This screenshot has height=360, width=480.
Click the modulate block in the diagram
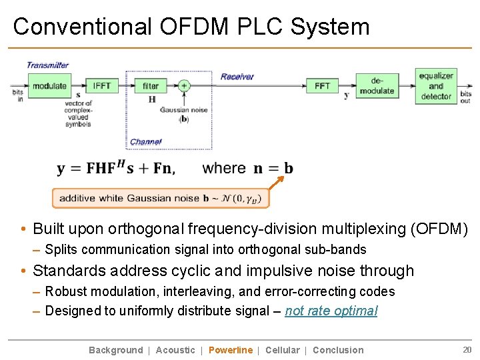(49, 86)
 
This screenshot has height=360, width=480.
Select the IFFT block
(102, 86)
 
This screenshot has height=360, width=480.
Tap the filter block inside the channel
(151, 86)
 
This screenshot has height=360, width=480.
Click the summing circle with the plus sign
(184, 85)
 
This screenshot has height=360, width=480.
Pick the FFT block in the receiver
(322, 86)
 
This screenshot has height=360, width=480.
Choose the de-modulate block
(377, 86)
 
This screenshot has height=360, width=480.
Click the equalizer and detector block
(436, 86)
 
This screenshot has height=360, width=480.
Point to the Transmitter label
(47, 65)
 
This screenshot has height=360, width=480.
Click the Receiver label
(237, 77)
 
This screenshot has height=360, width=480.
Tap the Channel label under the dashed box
(145, 142)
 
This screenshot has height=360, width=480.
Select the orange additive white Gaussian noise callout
(161, 198)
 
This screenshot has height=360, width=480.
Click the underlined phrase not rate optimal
(331, 311)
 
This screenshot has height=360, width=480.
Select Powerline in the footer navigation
(231, 350)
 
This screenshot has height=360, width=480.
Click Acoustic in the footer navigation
(175, 350)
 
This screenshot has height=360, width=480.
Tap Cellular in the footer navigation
(282, 350)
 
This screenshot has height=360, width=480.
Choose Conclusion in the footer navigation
(338, 350)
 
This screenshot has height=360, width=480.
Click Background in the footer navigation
(116, 350)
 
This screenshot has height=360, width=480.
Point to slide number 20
(467, 349)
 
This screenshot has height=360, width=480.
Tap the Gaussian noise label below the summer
(184, 111)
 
